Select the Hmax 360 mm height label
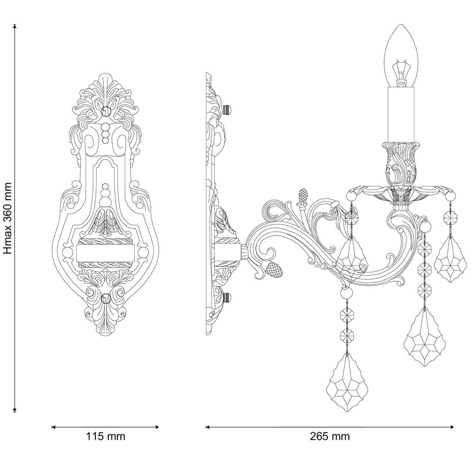pyautogui.click(x=8, y=219)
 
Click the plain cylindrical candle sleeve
pyautogui.click(x=401, y=114)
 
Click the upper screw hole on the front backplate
pyautogui.click(x=106, y=111)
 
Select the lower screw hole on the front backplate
pyautogui.click(x=106, y=299)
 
